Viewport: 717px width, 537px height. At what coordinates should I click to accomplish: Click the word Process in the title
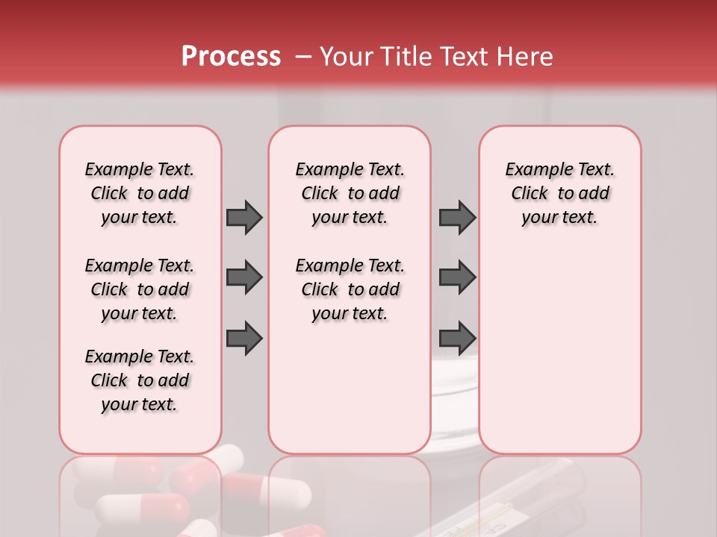231,57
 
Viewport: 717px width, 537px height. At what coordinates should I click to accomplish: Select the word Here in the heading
526,57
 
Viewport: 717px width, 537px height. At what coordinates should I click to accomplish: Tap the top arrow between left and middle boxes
244,217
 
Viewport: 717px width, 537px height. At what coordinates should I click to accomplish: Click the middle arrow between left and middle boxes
244,277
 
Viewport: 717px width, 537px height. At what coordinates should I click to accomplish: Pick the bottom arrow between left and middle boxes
244,337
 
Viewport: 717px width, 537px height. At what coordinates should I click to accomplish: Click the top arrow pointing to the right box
457,217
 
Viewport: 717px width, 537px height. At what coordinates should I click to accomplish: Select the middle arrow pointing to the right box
457,277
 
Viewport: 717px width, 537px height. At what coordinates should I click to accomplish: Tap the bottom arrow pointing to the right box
457,337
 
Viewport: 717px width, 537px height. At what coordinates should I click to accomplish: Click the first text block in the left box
140,193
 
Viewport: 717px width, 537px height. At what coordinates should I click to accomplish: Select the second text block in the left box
140,289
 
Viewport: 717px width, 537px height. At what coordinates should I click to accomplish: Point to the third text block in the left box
140,380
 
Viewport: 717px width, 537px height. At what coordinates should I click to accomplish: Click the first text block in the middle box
350,193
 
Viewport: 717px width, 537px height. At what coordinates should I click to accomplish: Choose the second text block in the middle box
350,289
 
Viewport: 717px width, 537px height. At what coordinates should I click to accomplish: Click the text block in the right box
559,193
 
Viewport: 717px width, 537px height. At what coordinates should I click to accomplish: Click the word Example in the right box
534,170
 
